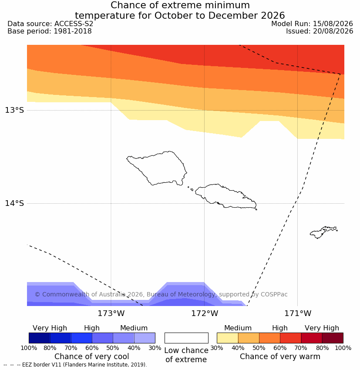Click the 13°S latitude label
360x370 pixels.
pos(14,110)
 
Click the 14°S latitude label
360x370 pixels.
pos(14,203)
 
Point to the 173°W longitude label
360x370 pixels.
pos(111,313)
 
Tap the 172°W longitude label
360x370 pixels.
pos(205,313)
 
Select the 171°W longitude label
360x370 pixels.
pos(298,313)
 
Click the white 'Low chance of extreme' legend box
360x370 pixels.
pos(186,338)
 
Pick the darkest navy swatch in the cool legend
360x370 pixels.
pos(40,338)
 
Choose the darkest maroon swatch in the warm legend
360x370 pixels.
pos(333,338)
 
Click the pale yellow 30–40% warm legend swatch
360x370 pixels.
pos(227,338)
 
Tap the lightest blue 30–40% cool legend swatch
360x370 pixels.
pos(145,338)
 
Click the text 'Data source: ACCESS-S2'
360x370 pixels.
pos(50,24)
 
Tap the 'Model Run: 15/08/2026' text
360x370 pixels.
pos(312,24)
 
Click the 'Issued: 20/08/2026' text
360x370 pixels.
pos(320,31)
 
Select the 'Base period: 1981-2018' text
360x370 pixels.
pos(50,31)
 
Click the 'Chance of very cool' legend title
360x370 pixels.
pos(92,357)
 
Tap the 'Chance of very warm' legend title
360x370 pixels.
pos(280,357)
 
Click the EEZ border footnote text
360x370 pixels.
pos(75,365)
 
